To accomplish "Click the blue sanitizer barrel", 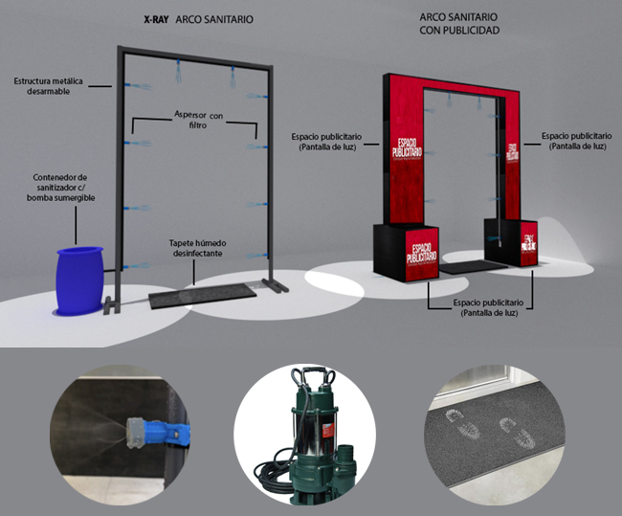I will pyautogui.click(x=79, y=280).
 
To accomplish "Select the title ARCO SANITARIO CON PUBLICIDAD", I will pyautogui.click(x=459, y=24).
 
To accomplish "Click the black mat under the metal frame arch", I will pyautogui.click(x=205, y=296).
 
